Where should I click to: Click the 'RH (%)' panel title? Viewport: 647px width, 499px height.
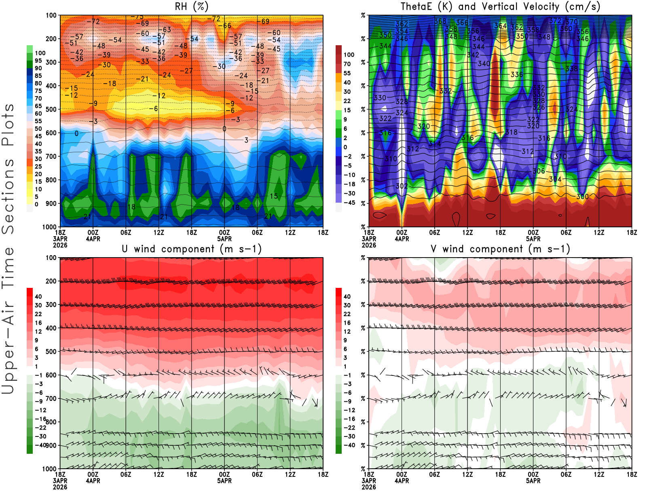[x=191, y=7]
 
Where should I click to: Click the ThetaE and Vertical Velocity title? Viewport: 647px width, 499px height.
[x=500, y=7]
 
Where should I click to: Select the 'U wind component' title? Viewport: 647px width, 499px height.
[x=191, y=249]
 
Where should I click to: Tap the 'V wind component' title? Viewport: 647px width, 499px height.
[x=500, y=249]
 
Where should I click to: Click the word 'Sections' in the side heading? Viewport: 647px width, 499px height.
[x=8, y=196]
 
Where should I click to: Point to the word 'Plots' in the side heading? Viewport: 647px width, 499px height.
[x=8, y=125]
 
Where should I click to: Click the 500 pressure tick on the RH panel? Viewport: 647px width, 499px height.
[x=51, y=109]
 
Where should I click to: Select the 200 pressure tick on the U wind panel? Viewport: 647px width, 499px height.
[x=51, y=281]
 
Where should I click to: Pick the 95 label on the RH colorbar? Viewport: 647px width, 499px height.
[x=38, y=61]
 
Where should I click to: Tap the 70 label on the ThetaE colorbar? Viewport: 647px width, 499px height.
[x=347, y=64]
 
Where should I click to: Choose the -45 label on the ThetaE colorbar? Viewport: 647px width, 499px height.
[x=349, y=203]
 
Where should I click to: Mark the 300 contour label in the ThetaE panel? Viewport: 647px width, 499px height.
[x=582, y=197]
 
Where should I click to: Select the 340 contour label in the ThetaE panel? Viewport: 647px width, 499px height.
[x=484, y=64]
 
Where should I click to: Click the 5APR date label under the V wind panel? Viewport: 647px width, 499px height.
[x=533, y=481]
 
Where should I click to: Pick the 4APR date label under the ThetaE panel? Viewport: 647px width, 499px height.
[x=402, y=239]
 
